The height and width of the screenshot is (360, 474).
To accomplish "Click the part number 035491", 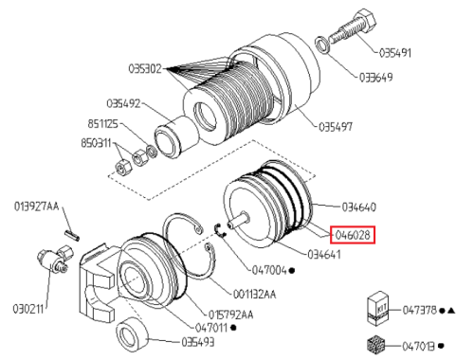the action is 395,53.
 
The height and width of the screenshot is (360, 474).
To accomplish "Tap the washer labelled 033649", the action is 323,45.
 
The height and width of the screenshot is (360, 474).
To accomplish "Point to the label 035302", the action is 145,68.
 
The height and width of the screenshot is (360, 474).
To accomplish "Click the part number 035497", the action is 336,127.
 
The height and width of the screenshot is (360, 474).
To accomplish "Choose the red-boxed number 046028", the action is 353,235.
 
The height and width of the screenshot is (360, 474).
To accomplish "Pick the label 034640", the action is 359,207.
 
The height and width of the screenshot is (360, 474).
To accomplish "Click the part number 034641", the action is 324,254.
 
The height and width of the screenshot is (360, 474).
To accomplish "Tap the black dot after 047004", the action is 292,271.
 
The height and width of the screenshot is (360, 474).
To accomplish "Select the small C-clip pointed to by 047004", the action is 220,230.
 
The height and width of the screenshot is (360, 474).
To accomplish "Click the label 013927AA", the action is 37,207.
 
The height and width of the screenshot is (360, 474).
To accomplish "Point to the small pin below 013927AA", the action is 73,236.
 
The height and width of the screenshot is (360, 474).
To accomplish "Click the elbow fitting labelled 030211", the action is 55,260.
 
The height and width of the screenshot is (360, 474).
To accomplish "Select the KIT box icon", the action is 378,309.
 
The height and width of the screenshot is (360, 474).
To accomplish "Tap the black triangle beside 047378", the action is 451,311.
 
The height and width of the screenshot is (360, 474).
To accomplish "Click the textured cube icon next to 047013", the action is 376,344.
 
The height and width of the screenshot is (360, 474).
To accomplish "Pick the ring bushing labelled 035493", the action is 132,334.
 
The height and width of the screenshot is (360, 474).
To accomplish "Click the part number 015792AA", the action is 231,315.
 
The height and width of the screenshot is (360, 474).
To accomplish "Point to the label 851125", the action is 102,123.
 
